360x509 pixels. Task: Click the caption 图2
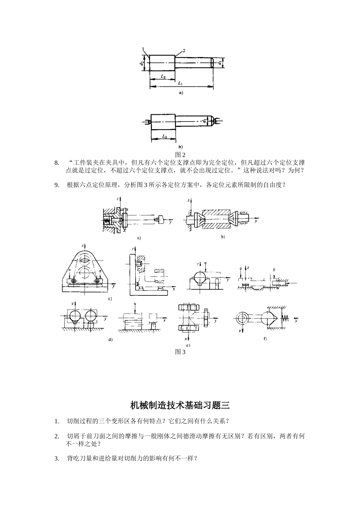click(x=180, y=155)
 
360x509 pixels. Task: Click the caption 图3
click(x=180, y=352)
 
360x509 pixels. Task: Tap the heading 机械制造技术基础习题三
click(x=180, y=405)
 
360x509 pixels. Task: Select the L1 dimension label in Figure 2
click(x=180, y=83)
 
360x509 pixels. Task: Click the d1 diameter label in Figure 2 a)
click(x=220, y=63)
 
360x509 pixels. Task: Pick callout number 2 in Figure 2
click(x=184, y=50)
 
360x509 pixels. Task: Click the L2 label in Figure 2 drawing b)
click(x=164, y=136)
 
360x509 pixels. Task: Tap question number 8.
click(x=57, y=163)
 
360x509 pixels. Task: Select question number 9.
click(x=57, y=185)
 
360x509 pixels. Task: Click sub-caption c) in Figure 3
click(x=110, y=299)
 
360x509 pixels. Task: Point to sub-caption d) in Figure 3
click(x=110, y=340)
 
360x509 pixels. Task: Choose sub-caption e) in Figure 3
click(x=188, y=345)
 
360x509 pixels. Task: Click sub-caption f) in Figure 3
click(x=265, y=338)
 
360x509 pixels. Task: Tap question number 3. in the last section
click(x=57, y=459)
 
